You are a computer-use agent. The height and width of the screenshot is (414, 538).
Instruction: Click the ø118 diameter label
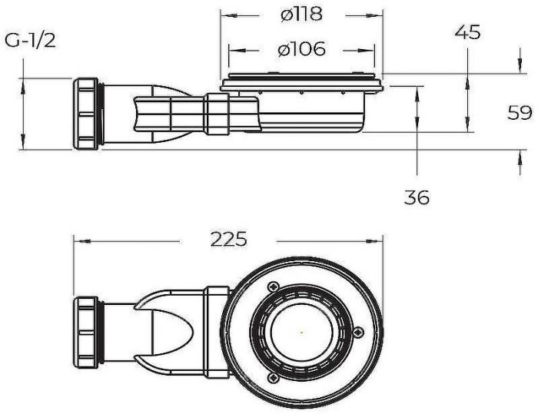coord(301,15)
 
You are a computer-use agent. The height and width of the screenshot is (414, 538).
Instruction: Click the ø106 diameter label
coord(301,49)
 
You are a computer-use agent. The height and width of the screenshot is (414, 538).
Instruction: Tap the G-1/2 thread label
coord(30,41)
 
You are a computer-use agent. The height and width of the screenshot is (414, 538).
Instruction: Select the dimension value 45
coord(467,32)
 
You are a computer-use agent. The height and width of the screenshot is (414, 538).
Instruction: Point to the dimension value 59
coord(520,112)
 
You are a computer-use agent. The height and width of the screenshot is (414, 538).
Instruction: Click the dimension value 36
coord(417,197)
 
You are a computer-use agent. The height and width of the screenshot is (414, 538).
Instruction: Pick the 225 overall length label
coord(228,239)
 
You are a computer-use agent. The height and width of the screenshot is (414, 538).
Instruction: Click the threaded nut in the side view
coord(86,114)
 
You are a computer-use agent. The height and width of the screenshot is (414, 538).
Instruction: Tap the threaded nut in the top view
coord(86,333)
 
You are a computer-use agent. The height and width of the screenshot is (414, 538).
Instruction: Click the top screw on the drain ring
coord(273,286)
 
